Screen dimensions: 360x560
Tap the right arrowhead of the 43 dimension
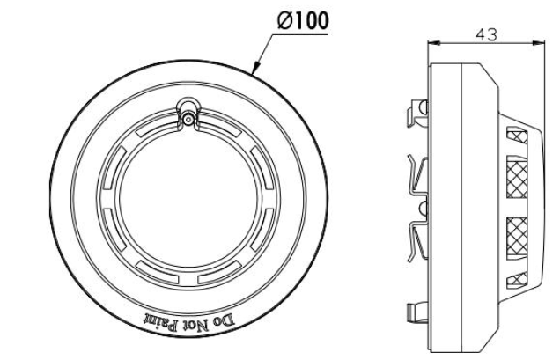539,41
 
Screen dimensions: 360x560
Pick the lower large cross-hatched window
519,231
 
